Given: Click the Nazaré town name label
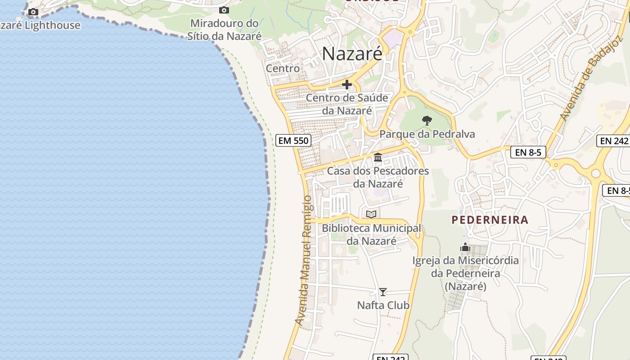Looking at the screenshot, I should [352, 54].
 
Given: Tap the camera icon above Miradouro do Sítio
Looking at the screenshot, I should [224, 10].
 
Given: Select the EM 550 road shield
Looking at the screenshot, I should [293, 140].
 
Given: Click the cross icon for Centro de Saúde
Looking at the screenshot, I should [346, 84].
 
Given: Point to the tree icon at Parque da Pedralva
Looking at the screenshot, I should [427, 120].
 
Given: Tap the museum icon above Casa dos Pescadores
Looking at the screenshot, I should [378, 157].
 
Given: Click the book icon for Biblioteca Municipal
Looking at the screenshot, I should [371, 214].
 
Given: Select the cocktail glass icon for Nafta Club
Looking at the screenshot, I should [382, 292].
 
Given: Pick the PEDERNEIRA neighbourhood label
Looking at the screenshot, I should [490, 220].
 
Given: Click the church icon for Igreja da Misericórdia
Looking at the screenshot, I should [465, 247].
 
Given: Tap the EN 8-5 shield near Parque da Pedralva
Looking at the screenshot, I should [528, 153].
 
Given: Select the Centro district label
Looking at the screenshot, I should [283, 68].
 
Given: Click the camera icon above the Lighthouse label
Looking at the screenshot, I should [33, 12].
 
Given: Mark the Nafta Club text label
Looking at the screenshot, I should [383, 306].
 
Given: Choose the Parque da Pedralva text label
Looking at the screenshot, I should [427, 134].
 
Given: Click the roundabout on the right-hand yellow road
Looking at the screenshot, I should [596, 173].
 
